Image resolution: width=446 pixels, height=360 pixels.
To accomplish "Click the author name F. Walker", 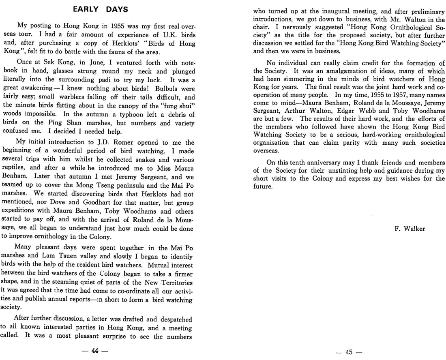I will (x=410, y=229).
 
